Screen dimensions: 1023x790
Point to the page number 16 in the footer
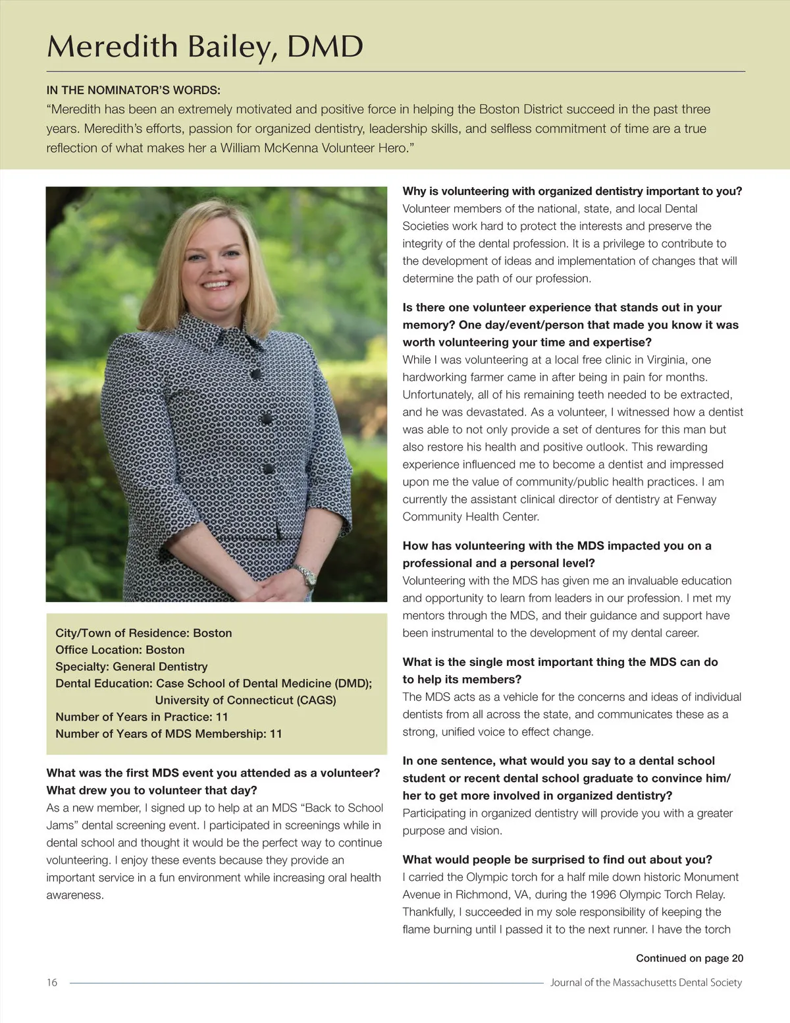[x=52, y=982]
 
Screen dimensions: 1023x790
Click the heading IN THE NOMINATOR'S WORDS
[x=133, y=90]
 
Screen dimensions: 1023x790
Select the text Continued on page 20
[x=689, y=958]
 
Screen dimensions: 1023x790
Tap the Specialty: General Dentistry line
[x=131, y=667]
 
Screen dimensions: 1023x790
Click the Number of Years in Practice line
[x=142, y=717]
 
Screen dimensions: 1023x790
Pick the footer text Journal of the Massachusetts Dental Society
[x=646, y=982]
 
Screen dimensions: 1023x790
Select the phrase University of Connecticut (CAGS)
[x=246, y=700]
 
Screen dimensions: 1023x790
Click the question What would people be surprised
[x=557, y=860]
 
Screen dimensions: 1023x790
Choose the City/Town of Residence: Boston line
[x=144, y=633]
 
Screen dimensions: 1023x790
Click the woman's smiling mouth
[x=217, y=285]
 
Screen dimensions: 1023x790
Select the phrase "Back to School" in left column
[x=342, y=808]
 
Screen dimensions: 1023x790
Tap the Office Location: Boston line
[x=120, y=650]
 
